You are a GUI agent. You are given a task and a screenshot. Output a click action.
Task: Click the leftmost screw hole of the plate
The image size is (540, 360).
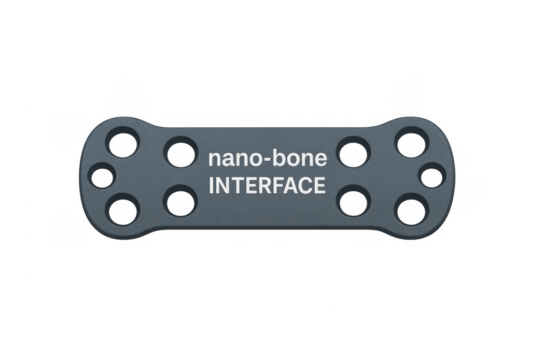point(101,177)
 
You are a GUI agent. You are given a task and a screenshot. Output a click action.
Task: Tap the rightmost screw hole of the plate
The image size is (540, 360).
point(432,177)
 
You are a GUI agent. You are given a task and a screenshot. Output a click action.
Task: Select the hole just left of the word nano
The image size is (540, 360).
point(179,152)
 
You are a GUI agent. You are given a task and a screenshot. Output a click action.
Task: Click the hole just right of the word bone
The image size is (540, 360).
point(352,152)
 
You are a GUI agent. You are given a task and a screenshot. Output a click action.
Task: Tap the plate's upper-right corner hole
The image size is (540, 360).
point(409,142)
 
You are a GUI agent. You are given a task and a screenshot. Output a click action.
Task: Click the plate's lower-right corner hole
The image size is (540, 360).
point(409,210)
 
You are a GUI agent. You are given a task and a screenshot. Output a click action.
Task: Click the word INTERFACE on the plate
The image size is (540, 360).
point(266,186)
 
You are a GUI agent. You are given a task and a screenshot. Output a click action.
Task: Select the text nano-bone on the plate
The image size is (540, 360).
point(266,160)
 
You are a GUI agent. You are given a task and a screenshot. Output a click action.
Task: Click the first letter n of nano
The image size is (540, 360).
point(214,161)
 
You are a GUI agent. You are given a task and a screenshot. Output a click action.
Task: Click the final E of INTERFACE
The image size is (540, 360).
point(318,186)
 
